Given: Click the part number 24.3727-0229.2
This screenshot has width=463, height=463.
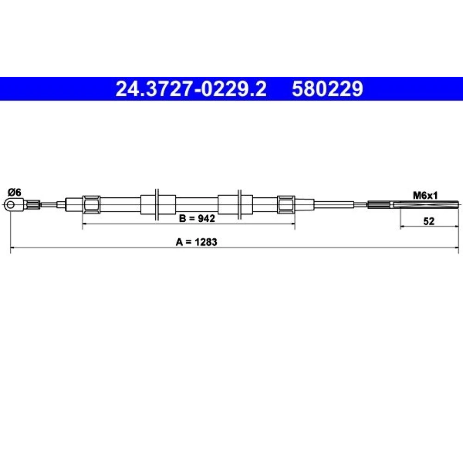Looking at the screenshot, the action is [191, 89].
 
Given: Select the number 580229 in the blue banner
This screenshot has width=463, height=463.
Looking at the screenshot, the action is [327, 89].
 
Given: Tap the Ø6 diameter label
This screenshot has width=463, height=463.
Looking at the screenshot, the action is [14, 193].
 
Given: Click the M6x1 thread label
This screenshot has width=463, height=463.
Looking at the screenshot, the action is [425, 195].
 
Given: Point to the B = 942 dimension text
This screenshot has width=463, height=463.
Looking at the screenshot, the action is [197, 218].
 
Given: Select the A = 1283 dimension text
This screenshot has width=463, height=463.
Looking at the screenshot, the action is [196, 242].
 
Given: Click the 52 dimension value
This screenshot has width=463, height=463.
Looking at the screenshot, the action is [429, 221].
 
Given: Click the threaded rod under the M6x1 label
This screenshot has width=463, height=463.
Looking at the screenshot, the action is [426, 204].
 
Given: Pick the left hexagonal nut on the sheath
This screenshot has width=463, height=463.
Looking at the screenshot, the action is [91, 204].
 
